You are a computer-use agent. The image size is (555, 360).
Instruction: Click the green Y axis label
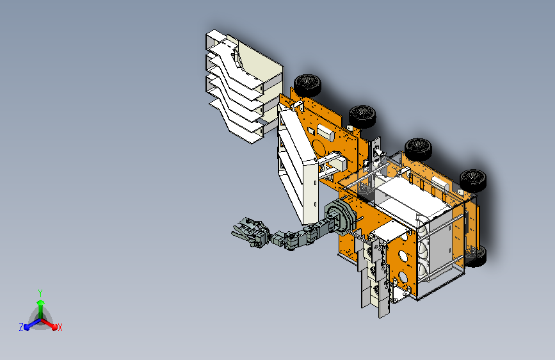[x=40, y=293]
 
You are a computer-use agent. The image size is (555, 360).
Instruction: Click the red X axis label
[x=60, y=328]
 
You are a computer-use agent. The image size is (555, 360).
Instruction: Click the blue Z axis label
[x=21, y=327]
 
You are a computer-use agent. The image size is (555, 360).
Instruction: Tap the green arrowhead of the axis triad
[x=41, y=302]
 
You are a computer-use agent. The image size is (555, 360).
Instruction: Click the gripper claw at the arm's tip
[x=248, y=231]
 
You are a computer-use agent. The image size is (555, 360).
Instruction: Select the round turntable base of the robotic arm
[x=340, y=217]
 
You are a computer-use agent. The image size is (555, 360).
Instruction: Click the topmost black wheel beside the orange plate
[x=307, y=85]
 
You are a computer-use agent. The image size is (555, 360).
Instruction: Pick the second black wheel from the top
[x=362, y=116]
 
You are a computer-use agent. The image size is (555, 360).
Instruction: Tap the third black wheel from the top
[x=418, y=149]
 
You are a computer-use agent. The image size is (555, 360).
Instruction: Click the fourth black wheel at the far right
[x=473, y=181]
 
